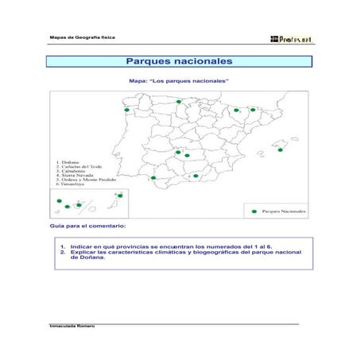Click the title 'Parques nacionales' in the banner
pyautogui.click(x=179, y=61)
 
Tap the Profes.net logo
pyautogui.click(x=292, y=37)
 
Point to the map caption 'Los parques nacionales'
pyautogui.click(x=179, y=81)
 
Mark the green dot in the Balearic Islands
pyautogui.click(x=281, y=149)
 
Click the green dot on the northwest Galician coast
pyautogui.click(x=126, y=110)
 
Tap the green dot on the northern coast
pyautogui.click(x=180, y=102)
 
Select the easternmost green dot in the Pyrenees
pyautogui.click(x=253, y=110)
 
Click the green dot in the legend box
pyautogui.click(x=254, y=211)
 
